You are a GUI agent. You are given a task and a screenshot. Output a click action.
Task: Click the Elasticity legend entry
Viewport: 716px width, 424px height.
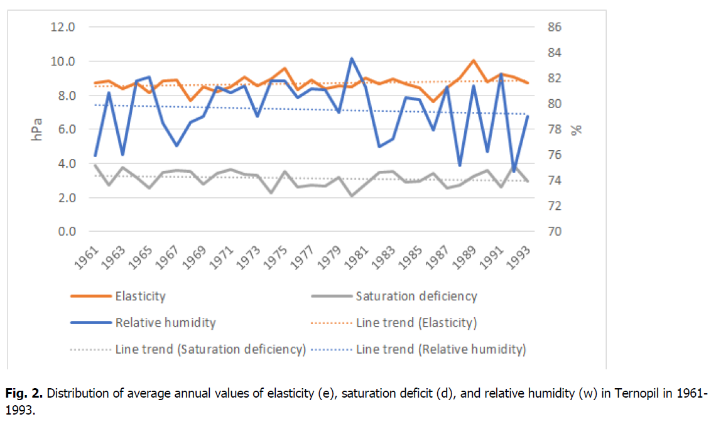click(140, 296)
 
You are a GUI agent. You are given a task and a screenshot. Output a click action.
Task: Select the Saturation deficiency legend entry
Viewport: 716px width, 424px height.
click(416, 296)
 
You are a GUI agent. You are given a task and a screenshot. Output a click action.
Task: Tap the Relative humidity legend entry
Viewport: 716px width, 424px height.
click(165, 323)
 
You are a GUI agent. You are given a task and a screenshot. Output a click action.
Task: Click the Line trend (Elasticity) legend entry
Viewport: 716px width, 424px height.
click(416, 323)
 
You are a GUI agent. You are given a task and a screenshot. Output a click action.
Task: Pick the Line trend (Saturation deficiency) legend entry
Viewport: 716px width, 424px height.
click(210, 349)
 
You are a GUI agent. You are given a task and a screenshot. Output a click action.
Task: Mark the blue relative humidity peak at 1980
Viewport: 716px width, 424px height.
click(352, 58)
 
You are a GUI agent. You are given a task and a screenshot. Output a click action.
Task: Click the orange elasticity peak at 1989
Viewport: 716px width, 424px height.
click(473, 60)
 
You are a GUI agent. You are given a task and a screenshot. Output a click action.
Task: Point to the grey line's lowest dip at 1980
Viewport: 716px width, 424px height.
click(352, 195)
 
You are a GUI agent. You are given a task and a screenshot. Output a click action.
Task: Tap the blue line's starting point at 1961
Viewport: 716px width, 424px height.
click(95, 155)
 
